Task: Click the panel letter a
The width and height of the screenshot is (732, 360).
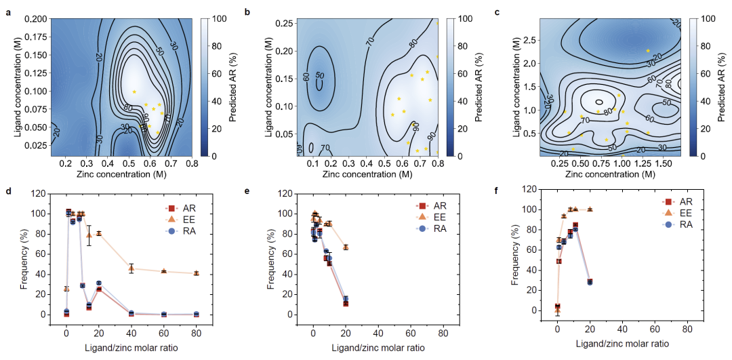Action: coord(8,12)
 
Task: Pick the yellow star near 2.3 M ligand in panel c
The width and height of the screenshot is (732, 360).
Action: coord(648,51)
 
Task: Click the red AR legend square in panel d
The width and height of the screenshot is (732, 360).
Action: coord(172,207)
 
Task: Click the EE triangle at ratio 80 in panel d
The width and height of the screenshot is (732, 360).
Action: coord(196,273)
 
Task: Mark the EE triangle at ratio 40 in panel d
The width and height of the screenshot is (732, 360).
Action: coord(131,268)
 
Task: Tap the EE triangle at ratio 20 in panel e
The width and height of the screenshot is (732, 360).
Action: coord(346,247)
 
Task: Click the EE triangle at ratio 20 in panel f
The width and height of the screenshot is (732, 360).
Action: coord(590,209)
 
